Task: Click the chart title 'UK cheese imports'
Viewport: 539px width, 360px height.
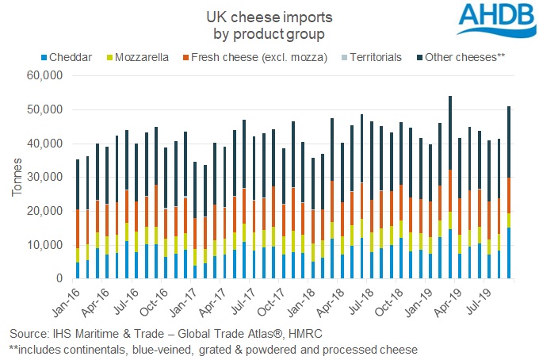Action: pyautogui.click(x=269, y=16)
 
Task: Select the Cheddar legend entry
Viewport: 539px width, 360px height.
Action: pyautogui.click(x=71, y=57)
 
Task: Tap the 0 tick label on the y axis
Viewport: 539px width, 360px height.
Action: pyautogui.click(x=59, y=279)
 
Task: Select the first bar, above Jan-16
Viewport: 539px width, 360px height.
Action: pyautogui.click(x=78, y=219)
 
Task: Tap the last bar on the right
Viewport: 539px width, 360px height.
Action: pyautogui.click(x=507, y=193)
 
